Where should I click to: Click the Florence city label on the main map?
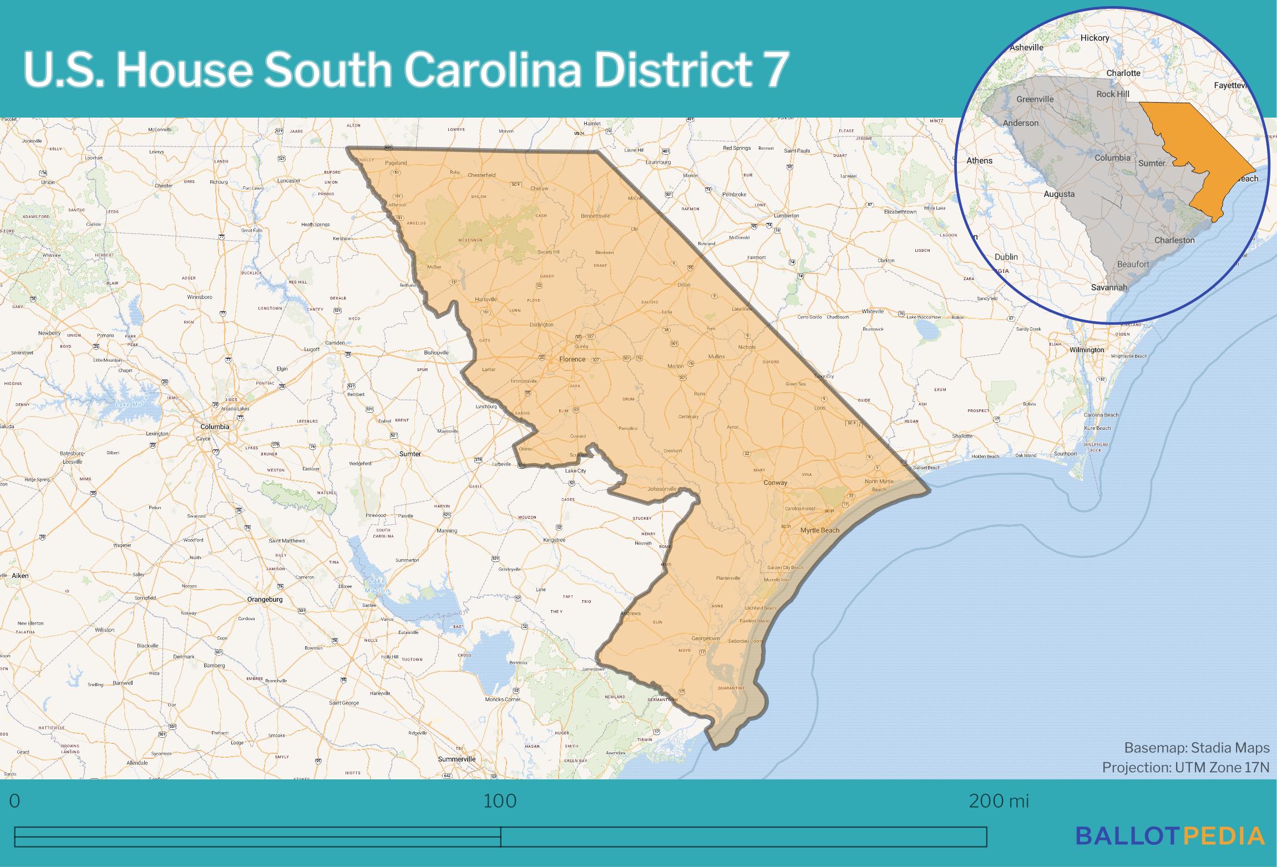pos(572,359)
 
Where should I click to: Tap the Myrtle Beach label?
pos(819,530)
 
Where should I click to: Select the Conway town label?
pos(775,483)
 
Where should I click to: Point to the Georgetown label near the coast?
pos(705,638)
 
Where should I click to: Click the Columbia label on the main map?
pos(215,427)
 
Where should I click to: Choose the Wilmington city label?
pos(1087,350)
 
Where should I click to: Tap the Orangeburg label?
pos(265,599)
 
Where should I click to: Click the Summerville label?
pos(457,759)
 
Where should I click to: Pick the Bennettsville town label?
pos(595,215)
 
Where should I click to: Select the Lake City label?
pos(575,471)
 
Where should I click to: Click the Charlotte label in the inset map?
pos(1123,73)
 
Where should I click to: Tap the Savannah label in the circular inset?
pos(1109,287)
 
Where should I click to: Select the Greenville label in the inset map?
pos(1035,99)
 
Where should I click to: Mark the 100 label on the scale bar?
pos(500,801)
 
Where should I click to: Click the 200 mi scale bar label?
pos(999,801)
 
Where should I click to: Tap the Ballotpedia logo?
pos(1170,835)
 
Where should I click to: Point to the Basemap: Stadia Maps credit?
pos(1197,748)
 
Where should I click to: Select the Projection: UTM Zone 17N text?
pos(1185,767)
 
